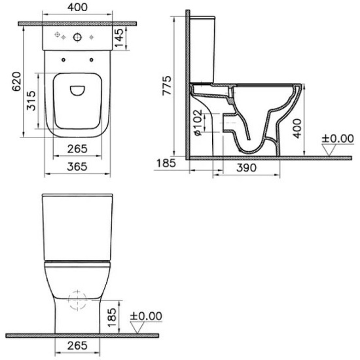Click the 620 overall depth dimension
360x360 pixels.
[17, 82]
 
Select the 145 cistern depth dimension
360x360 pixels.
[119, 38]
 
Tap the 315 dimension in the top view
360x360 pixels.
[31, 101]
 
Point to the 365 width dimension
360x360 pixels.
[77, 167]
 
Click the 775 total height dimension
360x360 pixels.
[167, 85]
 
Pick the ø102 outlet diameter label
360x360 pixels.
[198, 122]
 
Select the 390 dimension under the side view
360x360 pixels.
[246, 168]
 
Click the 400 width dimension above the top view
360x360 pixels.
[77, 7]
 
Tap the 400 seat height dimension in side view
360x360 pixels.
[298, 128]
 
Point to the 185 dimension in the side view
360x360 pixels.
[166, 163]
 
